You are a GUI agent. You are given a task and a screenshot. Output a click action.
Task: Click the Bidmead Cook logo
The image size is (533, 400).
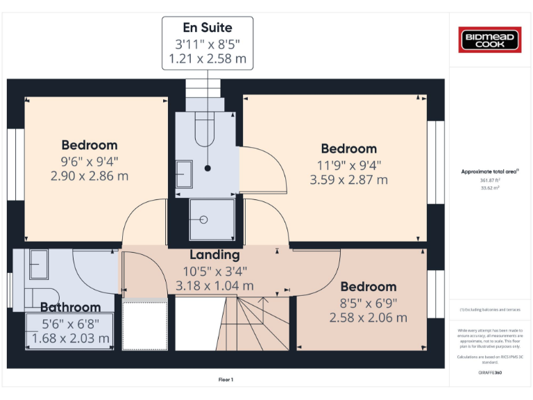pos(491,40)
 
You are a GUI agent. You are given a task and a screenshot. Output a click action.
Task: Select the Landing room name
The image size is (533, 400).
pos(215,255)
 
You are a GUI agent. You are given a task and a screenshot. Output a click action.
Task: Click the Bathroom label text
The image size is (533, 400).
pos(70,307)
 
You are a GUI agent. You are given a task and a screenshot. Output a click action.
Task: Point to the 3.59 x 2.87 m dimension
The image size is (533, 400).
pos(348,180)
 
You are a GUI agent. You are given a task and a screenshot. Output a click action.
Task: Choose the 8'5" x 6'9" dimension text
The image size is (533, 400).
pos(368,303)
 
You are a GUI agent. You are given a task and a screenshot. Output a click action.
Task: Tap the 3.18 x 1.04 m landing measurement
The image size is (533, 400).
pos(215,285)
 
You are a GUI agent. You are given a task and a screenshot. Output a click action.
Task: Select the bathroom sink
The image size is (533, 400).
pos(36,262)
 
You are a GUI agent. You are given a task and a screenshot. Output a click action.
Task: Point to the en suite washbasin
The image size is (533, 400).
pos(184,173)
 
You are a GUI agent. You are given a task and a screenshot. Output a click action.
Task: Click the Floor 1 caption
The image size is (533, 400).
pos(226,380)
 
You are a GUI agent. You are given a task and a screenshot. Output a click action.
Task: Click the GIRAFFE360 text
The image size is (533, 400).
pos(491,373)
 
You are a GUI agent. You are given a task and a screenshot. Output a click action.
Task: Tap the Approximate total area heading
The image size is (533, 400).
pos(490,172)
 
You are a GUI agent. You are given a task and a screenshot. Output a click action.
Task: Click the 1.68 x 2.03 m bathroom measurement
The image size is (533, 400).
pos(70,339)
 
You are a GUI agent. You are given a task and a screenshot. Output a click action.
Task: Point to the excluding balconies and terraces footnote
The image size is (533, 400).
pos(491,310)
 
